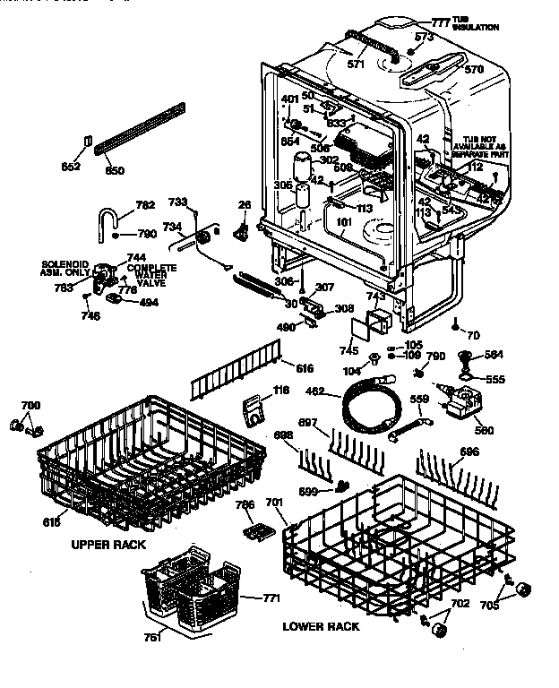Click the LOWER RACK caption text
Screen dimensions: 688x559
pyautogui.click(x=321, y=626)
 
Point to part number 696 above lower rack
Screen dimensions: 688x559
pyautogui.click(x=468, y=451)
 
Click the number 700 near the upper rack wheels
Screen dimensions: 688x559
pyautogui.click(x=30, y=406)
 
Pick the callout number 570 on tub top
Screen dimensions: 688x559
pyautogui.click(x=474, y=68)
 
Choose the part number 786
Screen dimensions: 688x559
pyautogui.click(x=245, y=505)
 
